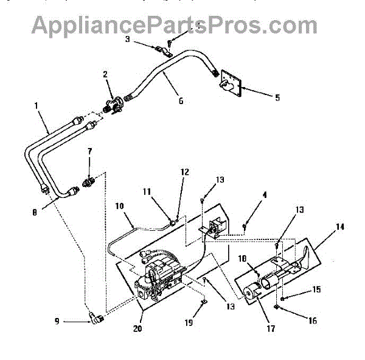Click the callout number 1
coord(36,105)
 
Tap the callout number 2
coord(105,74)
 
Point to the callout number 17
coord(271,330)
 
